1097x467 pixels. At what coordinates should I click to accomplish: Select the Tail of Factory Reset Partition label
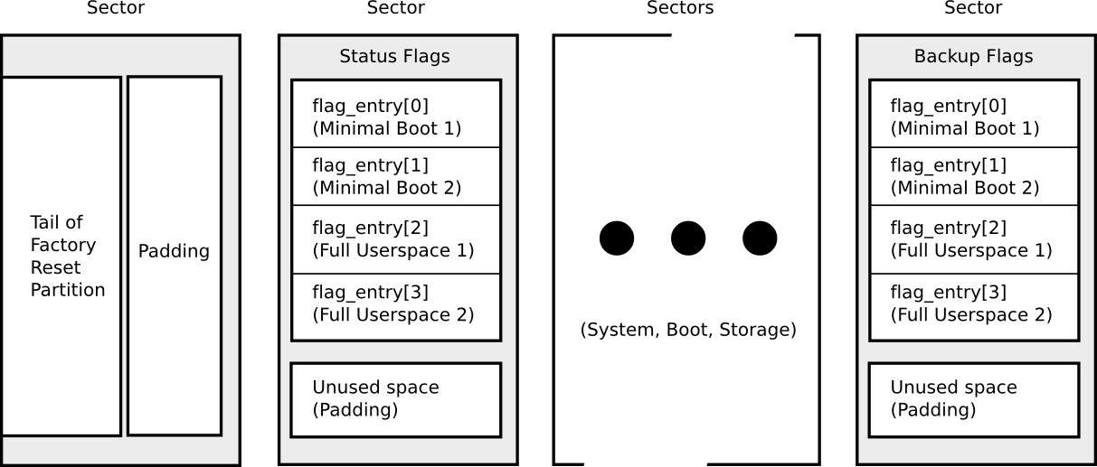coord(67,257)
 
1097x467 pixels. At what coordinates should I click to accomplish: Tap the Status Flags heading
coord(394,57)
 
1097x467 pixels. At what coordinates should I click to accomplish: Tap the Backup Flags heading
coord(973,57)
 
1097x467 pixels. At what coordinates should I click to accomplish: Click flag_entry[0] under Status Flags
coord(395,117)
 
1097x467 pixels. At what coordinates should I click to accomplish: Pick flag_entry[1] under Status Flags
coord(395,177)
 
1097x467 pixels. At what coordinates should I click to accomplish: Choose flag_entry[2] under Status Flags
coord(395,239)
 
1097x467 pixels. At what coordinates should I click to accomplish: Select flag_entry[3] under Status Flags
coord(395,304)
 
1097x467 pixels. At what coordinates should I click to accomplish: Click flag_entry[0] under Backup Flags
coord(973,117)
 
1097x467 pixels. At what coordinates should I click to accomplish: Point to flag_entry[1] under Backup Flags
coord(973,177)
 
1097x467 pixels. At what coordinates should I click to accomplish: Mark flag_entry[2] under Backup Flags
coord(973,239)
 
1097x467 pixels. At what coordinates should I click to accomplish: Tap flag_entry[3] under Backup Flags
coord(973,304)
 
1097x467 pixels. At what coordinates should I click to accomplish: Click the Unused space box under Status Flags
coord(395,398)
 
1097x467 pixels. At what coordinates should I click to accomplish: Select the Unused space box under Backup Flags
coord(973,398)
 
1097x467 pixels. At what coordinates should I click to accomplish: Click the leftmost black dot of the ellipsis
coord(617,238)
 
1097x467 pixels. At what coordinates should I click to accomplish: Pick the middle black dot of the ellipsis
coord(688,238)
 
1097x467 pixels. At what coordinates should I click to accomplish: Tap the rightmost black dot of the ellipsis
coord(760,238)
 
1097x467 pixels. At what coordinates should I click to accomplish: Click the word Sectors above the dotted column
coord(680,8)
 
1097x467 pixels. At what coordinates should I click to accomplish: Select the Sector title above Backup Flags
coord(973,8)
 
